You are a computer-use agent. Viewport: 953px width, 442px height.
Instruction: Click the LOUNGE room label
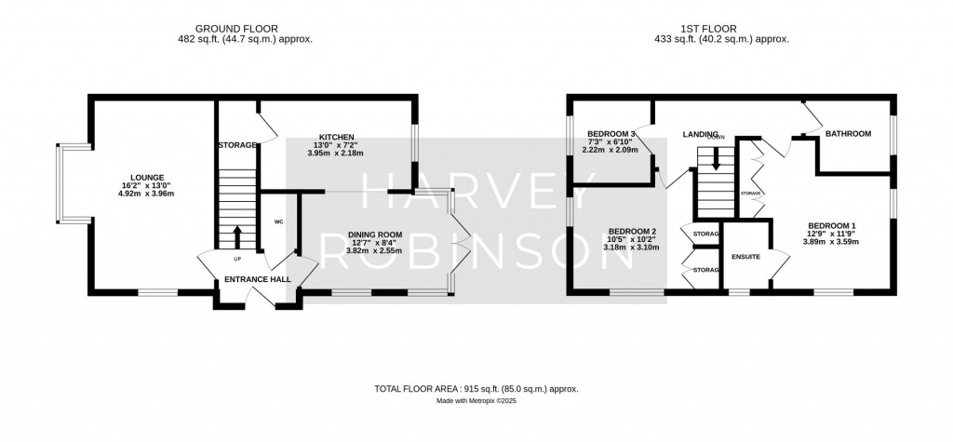(x=147, y=178)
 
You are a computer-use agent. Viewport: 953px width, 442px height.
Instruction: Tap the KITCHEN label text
(x=336, y=137)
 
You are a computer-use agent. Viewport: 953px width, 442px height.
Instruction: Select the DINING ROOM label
(x=374, y=234)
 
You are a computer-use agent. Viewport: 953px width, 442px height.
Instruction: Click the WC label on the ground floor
(x=278, y=222)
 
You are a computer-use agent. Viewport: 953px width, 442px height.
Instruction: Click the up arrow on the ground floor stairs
(x=236, y=235)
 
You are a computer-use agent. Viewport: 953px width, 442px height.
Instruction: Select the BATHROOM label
(x=848, y=134)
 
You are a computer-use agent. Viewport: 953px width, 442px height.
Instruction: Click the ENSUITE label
(x=746, y=257)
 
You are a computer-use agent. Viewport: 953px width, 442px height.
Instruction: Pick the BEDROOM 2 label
(x=633, y=231)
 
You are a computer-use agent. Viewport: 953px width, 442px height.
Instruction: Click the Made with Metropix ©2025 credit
(x=476, y=401)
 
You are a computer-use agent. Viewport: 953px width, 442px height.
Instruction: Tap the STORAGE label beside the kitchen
(x=236, y=146)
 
